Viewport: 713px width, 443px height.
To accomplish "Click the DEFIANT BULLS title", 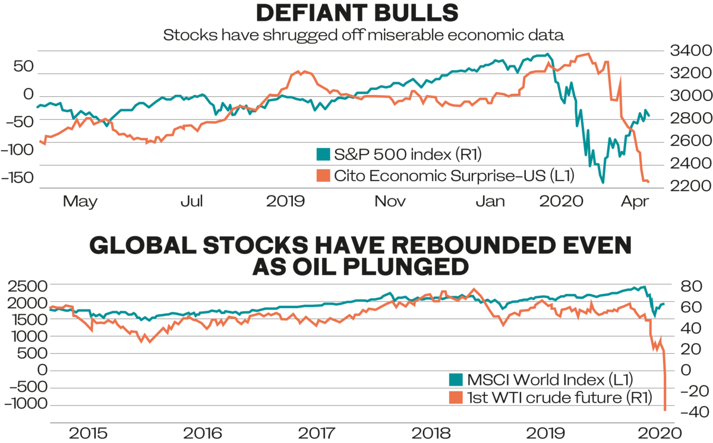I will [356, 13].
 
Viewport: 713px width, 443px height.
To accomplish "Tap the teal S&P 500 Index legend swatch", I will [323, 155].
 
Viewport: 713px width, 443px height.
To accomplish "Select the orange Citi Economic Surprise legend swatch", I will [323, 175].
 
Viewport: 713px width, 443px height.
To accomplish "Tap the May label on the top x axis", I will [81, 201].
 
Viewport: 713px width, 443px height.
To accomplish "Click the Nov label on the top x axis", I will [390, 201].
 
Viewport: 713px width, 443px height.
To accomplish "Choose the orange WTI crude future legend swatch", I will [455, 397].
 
